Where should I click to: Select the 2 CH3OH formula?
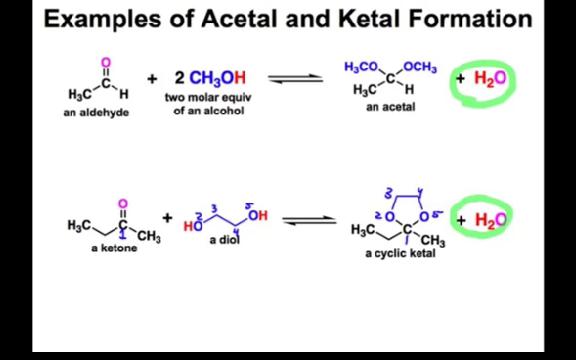tap(209, 78)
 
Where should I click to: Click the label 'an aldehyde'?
tap(98, 113)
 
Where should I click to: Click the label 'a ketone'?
tap(112, 248)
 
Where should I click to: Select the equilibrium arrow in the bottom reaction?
tap(308, 220)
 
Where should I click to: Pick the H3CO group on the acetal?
tap(361, 67)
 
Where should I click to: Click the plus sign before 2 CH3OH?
tap(152, 78)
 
